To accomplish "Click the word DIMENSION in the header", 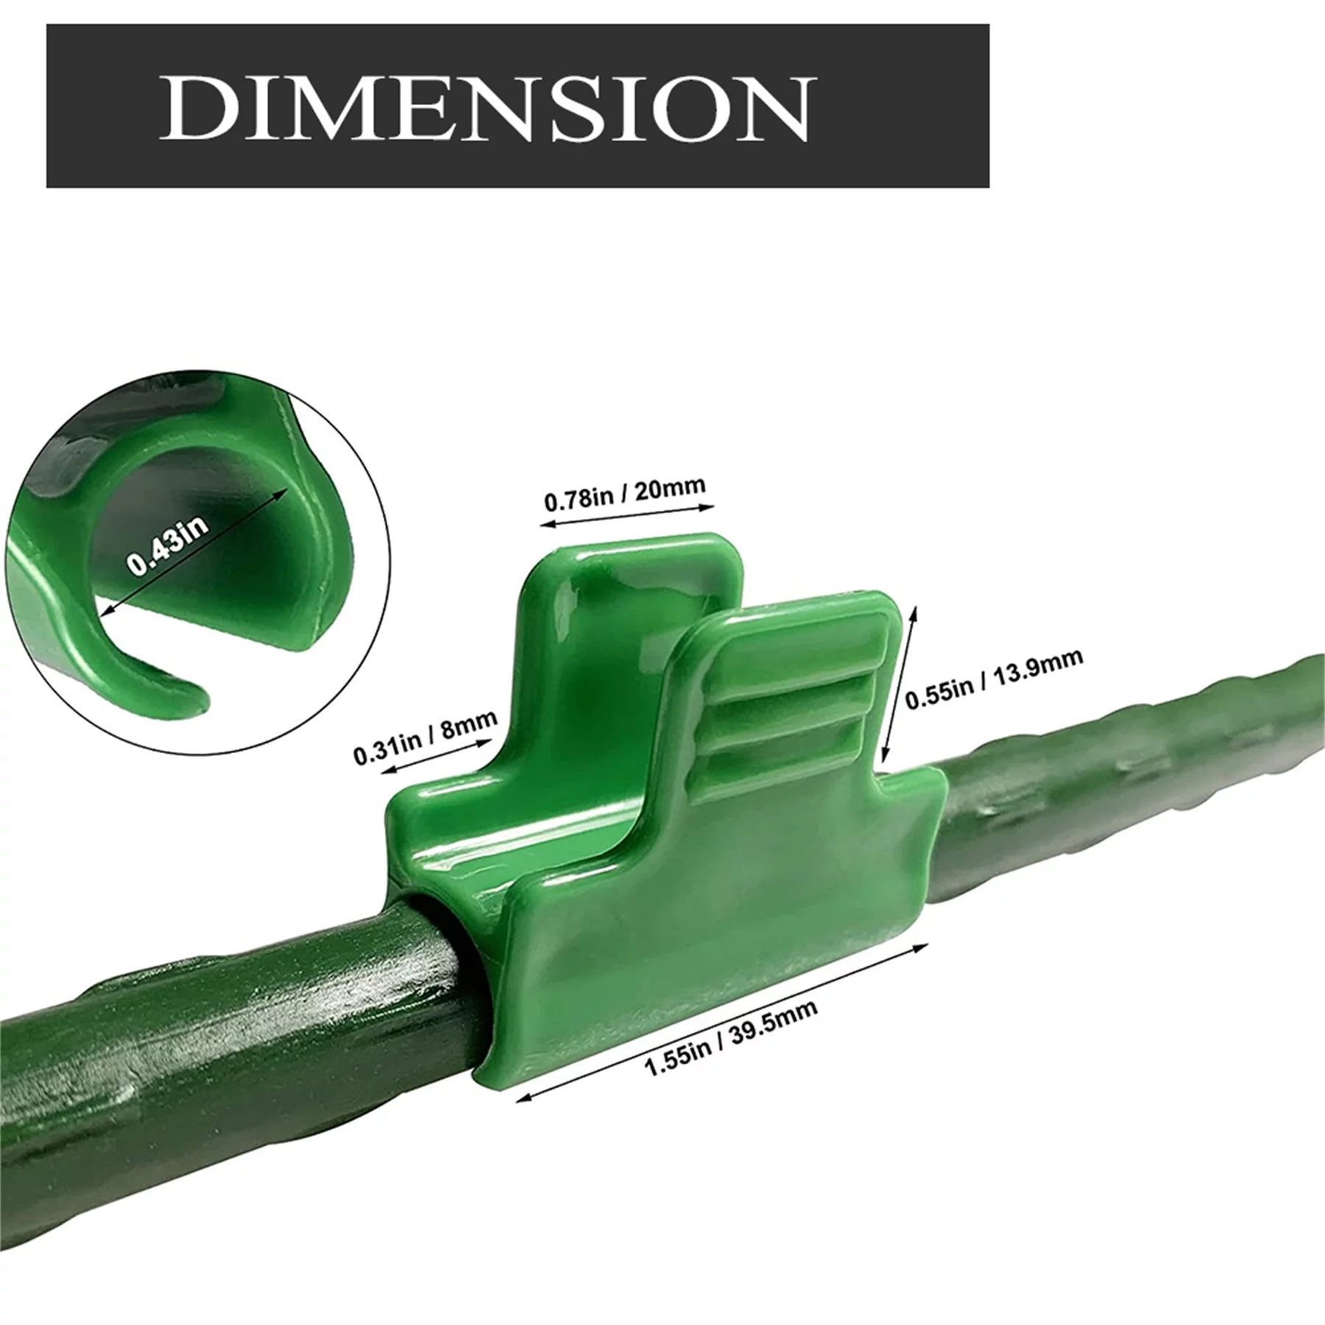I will click(x=486, y=107).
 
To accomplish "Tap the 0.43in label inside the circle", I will click(x=168, y=545).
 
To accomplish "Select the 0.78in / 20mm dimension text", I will click(x=624, y=492).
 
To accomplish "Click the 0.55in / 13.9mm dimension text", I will click(x=993, y=678).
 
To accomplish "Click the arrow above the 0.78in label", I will click(x=626, y=515).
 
